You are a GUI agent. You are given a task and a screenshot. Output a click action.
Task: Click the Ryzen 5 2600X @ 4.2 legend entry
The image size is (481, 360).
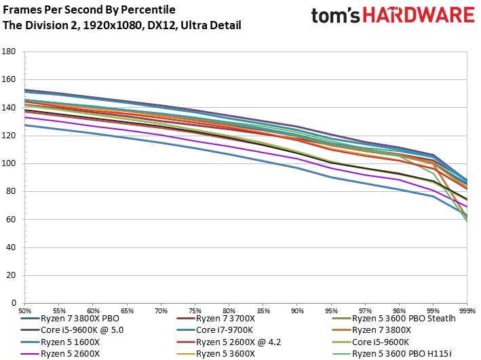[x=234, y=342]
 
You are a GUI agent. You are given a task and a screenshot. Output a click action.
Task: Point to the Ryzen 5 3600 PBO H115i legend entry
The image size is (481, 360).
[x=393, y=354]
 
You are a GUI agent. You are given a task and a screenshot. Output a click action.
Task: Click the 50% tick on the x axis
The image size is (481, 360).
[x=24, y=308]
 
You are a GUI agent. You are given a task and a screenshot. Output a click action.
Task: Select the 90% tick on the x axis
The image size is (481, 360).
[x=296, y=308]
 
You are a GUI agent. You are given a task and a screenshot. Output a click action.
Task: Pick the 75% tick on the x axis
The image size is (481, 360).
[x=195, y=308]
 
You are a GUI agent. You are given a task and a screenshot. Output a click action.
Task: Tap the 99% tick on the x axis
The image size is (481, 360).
[x=432, y=308]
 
